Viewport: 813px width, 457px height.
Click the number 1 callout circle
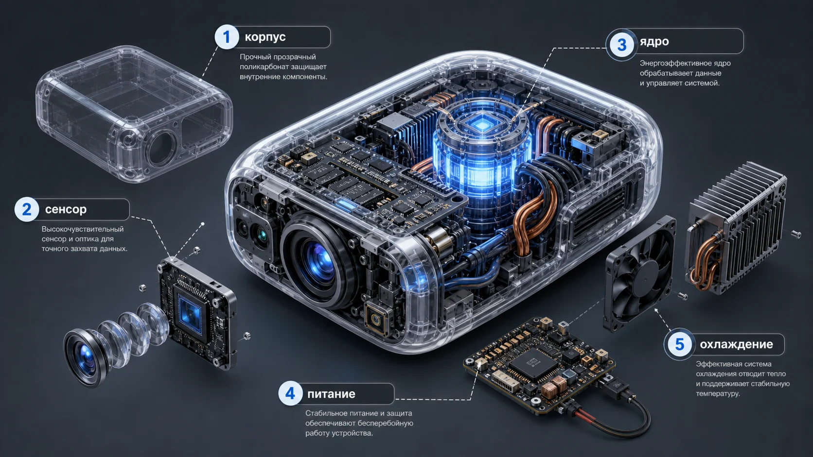point(227,37)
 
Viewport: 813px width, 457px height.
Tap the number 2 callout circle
point(26,209)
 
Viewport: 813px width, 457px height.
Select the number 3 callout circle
point(621,45)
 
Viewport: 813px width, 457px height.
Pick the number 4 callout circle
point(290,393)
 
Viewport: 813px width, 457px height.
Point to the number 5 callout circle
point(679,344)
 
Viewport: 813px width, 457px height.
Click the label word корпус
point(265,37)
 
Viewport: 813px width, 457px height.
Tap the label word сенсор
point(66,209)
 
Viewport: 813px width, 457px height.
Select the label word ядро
point(654,42)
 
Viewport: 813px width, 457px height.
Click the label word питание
point(331,394)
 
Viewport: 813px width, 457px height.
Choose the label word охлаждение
point(736,344)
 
